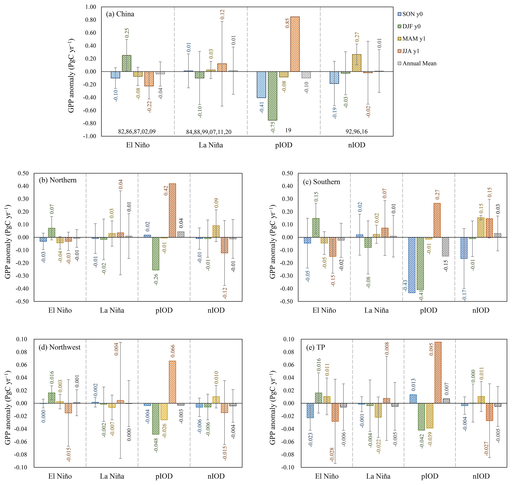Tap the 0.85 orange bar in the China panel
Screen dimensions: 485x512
(x=295, y=44)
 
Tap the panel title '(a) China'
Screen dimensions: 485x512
(x=120, y=14)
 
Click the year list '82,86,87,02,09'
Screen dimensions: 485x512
(x=137, y=132)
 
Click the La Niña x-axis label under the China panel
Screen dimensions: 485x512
(x=211, y=145)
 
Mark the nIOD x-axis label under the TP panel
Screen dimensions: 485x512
(x=481, y=476)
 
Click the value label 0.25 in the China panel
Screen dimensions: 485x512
(x=127, y=33)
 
